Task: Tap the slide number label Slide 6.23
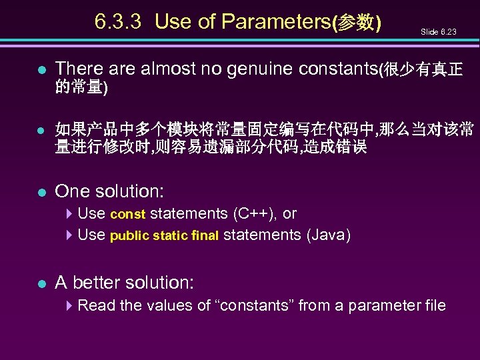[438, 32]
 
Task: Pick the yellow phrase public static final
[164, 236]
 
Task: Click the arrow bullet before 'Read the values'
[70, 306]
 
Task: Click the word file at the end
[433, 306]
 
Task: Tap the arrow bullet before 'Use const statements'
[70, 214]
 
